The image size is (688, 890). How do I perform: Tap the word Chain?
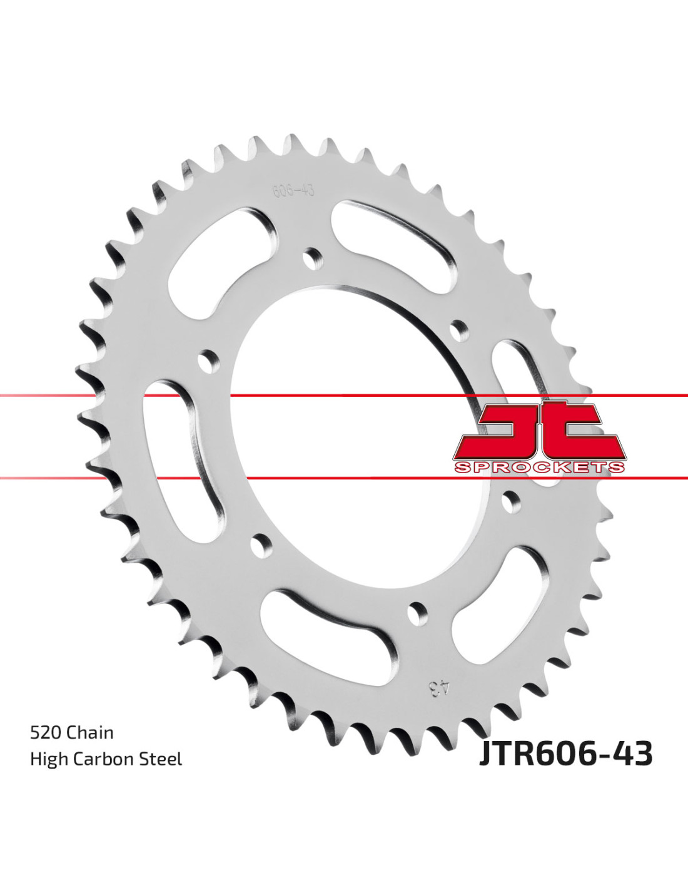(89, 732)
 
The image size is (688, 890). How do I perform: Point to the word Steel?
(161, 759)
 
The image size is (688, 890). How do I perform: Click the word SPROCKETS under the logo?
(539, 467)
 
